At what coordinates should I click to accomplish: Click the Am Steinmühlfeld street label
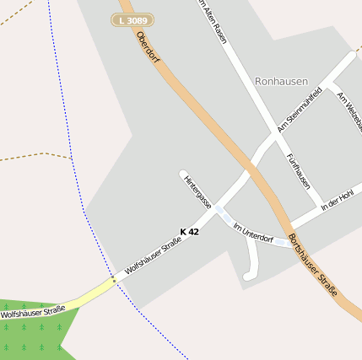(300, 109)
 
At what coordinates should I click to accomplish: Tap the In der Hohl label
(337, 200)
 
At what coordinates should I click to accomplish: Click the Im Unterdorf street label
(252, 233)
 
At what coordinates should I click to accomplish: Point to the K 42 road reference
(189, 231)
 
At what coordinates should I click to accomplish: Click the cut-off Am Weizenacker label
(348, 110)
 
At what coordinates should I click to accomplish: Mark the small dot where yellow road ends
(114, 280)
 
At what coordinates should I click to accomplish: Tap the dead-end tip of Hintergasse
(183, 175)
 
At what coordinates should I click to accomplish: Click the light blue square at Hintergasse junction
(219, 210)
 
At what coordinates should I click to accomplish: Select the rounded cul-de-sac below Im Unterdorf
(247, 275)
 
